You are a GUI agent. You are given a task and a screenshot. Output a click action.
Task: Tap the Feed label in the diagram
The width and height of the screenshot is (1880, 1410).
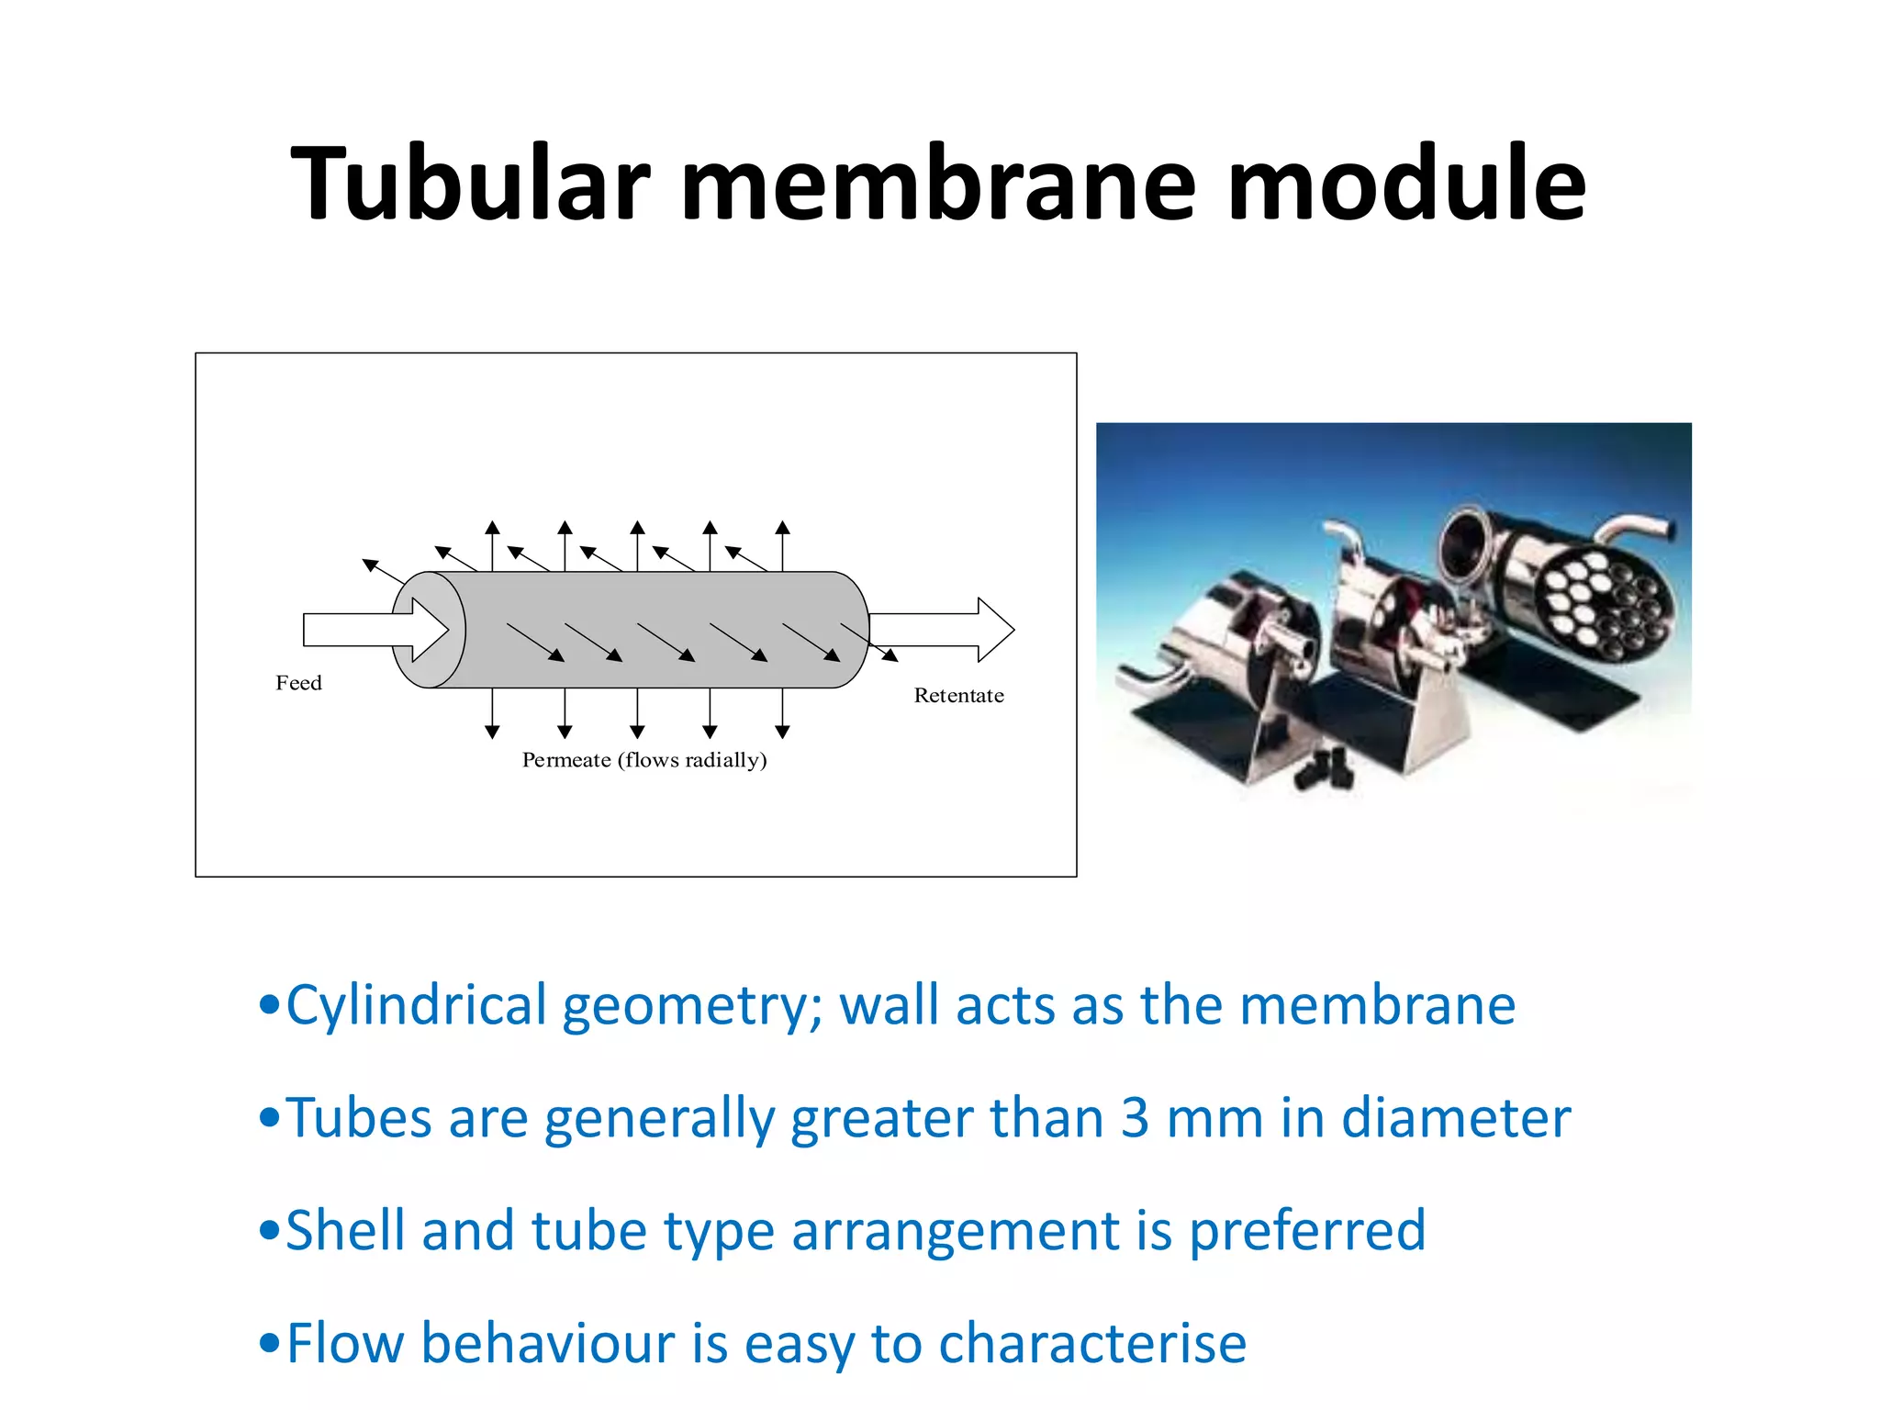tap(298, 683)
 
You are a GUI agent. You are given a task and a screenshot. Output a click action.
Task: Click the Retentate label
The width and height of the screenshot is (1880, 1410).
tap(958, 696)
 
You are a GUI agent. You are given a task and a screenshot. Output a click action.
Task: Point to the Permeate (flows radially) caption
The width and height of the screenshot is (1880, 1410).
tap(644, 760)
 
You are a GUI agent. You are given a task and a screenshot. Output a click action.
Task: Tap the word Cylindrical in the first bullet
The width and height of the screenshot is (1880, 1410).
tap(417, 1006)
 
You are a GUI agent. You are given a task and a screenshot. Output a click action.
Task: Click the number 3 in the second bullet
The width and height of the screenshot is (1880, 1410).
tap(1135, 1118)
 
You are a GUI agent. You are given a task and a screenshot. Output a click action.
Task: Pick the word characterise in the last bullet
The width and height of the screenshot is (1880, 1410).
tap(1092, 1344)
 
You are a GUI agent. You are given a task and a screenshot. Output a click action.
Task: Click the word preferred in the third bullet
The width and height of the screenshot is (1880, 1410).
tap(1307, 1231)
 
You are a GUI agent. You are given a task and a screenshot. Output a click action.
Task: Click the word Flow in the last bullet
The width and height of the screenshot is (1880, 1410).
tap(345, 1344)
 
